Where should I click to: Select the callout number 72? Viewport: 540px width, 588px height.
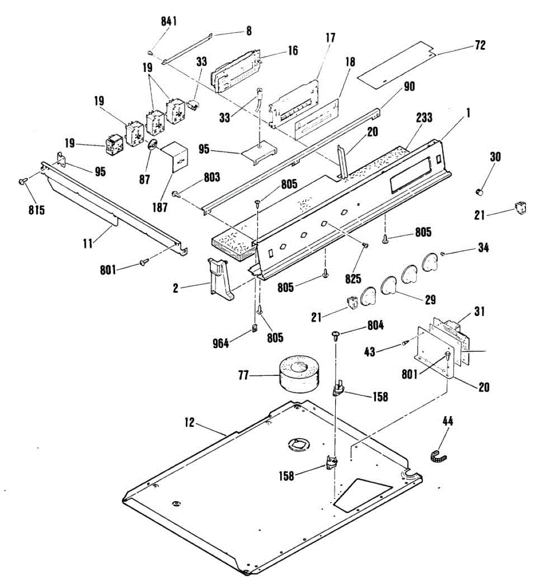pos(480,45)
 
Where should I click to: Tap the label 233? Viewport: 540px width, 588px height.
pos(424,118)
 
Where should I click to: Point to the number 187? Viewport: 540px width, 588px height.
pos(160,207)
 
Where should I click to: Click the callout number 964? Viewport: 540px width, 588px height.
pos(221,343)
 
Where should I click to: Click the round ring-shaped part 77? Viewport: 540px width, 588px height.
pos(299,374)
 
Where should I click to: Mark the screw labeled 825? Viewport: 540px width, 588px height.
pos(364,245)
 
